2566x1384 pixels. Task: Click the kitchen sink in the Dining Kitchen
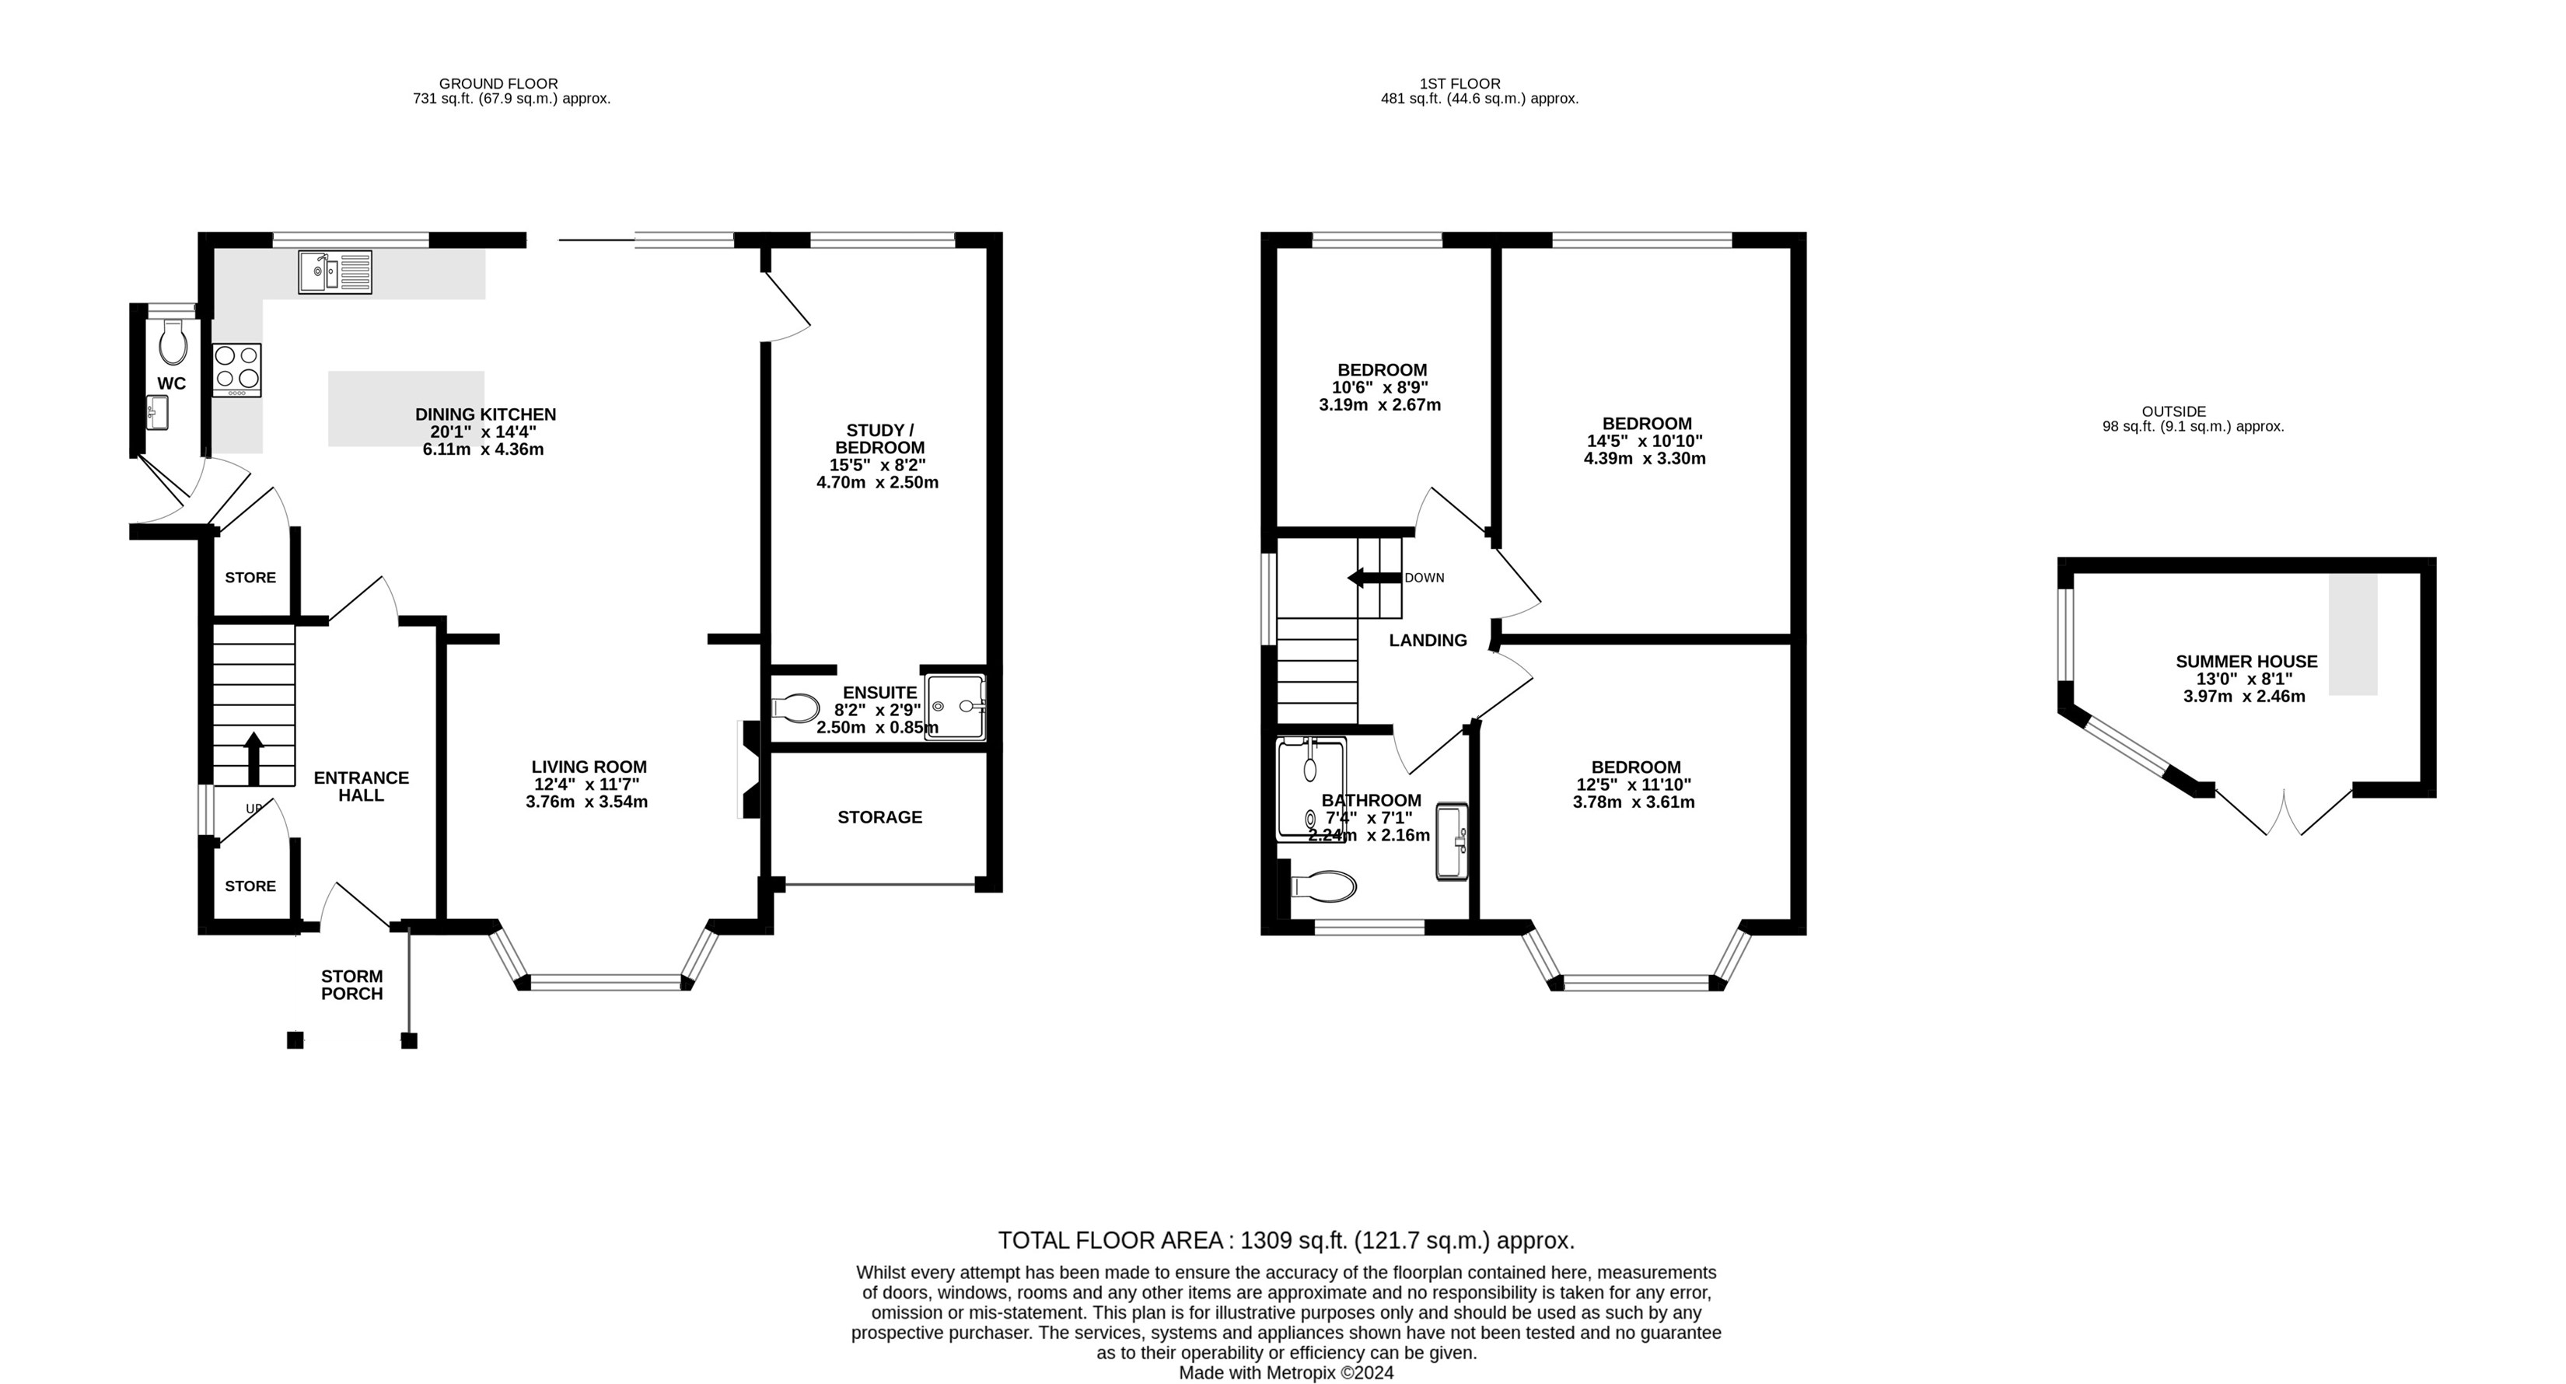(334, 272)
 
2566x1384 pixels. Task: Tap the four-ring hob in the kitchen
(237, 369)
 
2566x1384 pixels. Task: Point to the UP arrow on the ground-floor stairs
(254, 760)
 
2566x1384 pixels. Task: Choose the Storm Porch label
(351, 984)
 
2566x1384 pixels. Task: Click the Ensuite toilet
(796, 708)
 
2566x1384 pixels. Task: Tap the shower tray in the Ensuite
(956, 708)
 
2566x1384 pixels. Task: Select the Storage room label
(879, 817)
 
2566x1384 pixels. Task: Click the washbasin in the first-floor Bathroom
(1451, 842)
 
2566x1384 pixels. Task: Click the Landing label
(1428, 641)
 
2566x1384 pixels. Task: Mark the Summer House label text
(2246, 662)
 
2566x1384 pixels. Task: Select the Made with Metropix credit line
(1286, 1373)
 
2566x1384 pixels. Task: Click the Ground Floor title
(498, 84)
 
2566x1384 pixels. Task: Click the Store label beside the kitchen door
(250, 578)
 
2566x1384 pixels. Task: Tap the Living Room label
(589, 767)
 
